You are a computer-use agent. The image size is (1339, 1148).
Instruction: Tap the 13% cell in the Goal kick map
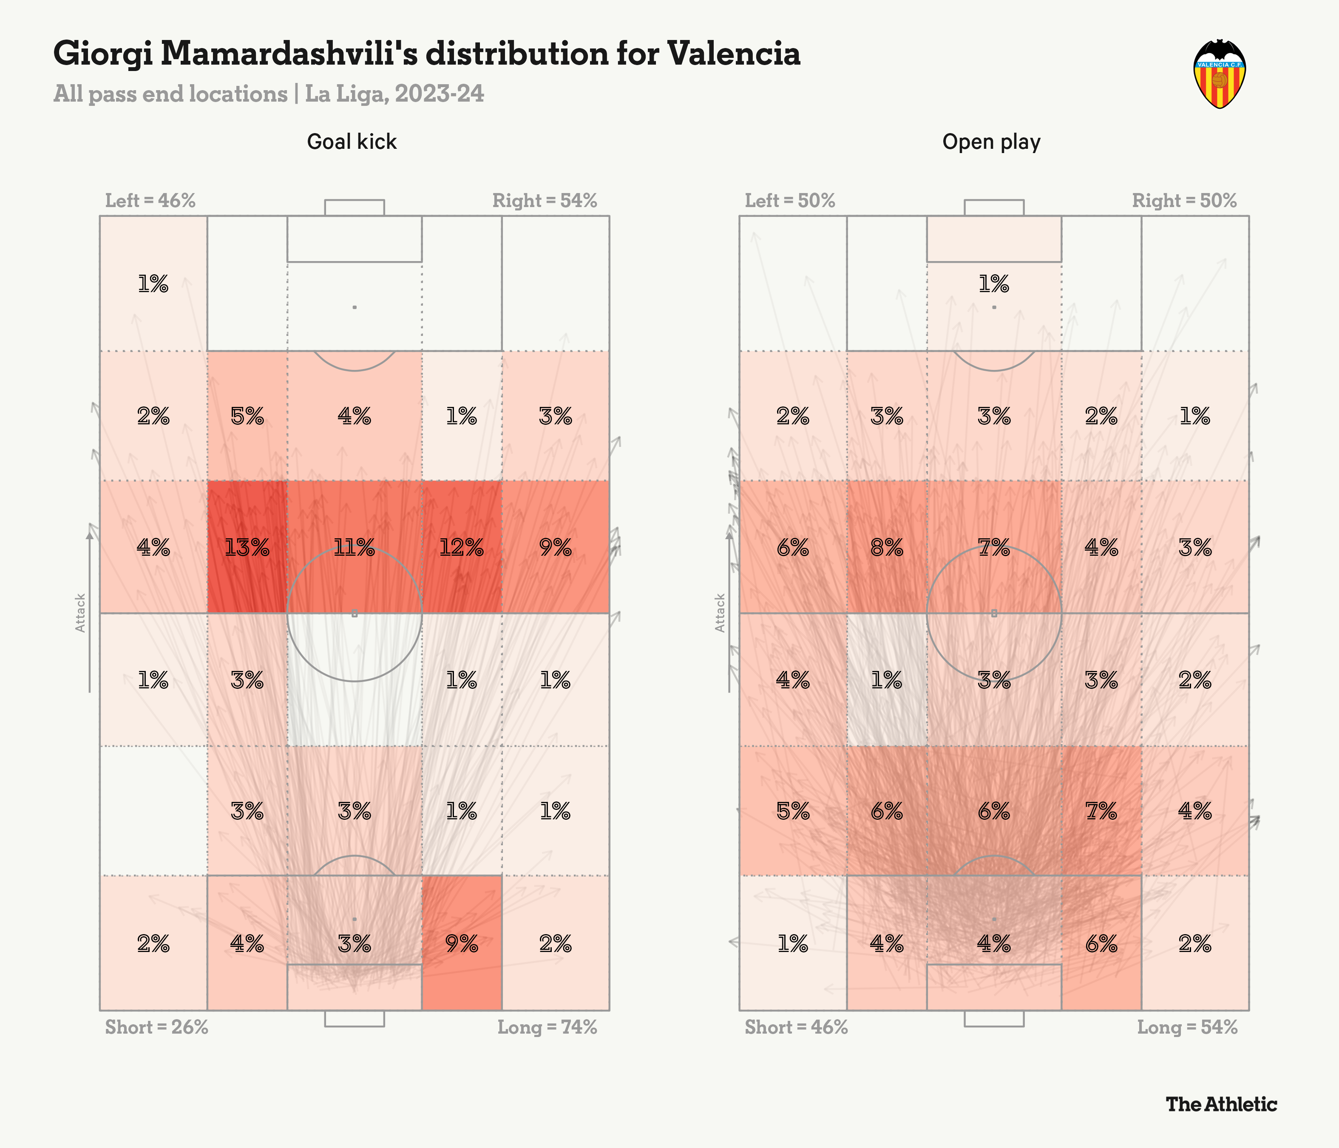click(247, 548)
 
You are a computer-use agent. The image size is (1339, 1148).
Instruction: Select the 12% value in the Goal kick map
click(461, 548)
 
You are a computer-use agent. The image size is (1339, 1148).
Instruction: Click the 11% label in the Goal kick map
click(354, 548)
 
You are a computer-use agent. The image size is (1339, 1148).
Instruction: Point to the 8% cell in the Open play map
click(887, 548)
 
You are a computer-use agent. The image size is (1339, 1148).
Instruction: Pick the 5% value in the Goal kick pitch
click(247, 416)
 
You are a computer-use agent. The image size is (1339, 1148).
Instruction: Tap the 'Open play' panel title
click(991, 142)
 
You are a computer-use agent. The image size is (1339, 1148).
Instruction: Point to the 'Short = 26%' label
click(156, 1027)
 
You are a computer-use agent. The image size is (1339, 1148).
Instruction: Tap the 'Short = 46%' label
click(796, 1027)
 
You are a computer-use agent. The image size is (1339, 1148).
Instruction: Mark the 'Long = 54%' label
click(1187, 1027)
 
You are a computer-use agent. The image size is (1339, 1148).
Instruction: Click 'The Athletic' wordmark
click(1221, 1104)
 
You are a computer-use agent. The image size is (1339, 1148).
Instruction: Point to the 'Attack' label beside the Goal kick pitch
click(80, 613)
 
